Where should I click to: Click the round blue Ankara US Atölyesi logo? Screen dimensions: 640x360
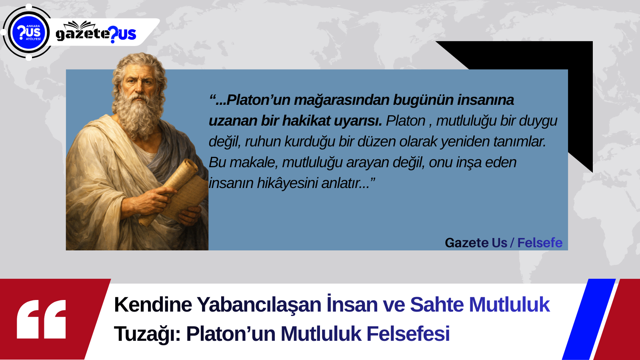click(28, 32)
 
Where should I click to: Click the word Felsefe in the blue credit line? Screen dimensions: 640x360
click(540, 243)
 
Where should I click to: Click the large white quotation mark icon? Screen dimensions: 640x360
click(42, 319)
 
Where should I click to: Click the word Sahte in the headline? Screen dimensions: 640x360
click(437, 304)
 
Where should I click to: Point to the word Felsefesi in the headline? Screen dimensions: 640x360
click(408, 334)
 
